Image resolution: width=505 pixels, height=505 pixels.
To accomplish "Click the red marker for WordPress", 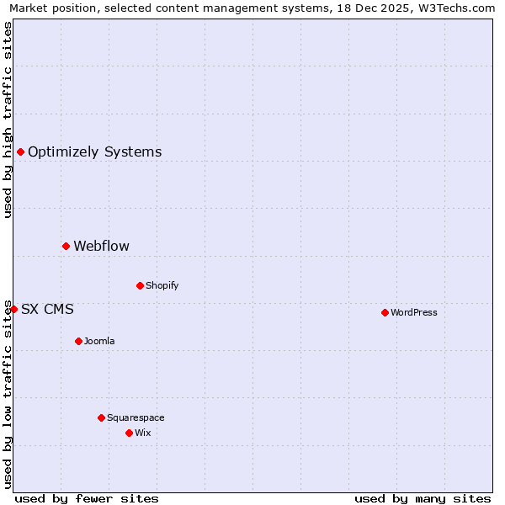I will (x=385, y=312).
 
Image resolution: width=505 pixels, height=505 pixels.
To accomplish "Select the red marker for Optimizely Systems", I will (x=20, y=151).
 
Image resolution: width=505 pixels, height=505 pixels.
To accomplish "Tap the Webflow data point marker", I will (x=66, y=246).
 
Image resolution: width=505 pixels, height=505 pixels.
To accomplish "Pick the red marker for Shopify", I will (x=140, y=285).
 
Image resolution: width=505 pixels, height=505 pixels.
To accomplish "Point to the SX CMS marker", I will (x=13, y=309).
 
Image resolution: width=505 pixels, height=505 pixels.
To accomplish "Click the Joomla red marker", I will (x=78, y=341).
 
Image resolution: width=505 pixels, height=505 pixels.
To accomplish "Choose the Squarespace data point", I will (x=101, y=417).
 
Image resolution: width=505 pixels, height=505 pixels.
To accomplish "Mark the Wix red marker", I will (x=129, y=433).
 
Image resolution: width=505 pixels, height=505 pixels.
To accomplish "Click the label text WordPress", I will (x=414, y=312).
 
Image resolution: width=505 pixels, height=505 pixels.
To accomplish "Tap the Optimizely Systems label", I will (x=94, y=152).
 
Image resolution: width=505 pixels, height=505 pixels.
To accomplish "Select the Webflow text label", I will (x=101, y=247).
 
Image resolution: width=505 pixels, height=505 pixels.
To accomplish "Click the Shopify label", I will (x=162, y=285).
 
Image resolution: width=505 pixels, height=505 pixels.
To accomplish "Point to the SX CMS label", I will (x=47, y=310).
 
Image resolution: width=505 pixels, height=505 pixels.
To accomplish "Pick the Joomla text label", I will (x=99, y=341).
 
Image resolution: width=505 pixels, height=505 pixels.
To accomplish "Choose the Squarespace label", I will (x=136, y=417).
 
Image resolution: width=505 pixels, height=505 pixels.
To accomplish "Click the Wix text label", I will (x=142, y=433).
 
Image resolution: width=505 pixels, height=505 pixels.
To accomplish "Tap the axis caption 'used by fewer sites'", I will (x=87, y=498).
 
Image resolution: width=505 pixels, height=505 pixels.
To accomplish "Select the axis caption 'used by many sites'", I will (x=423, y=498).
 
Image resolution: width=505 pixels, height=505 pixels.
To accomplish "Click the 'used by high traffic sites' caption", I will (x=8, y=120).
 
